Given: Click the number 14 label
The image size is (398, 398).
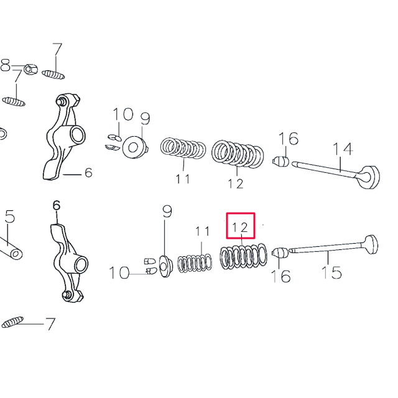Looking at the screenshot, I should [343, 149].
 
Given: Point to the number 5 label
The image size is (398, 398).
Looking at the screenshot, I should [9, 216].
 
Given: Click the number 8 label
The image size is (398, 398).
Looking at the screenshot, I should [6, 65].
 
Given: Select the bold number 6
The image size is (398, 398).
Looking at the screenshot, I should [56, 206].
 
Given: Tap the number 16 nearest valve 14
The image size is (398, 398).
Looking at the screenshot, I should [288, 138].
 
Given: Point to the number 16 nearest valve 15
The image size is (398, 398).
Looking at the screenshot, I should [282, 276].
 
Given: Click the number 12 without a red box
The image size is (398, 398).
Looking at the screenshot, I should [236, 183].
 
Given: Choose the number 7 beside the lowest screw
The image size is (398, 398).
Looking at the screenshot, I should [50, 324].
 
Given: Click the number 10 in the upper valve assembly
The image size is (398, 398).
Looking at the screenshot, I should [123, 114].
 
